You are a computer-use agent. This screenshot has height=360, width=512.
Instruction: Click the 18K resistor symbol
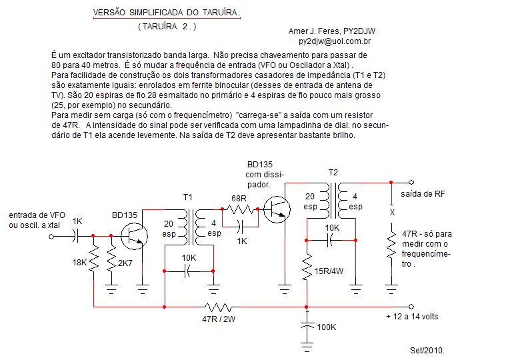(94, 259)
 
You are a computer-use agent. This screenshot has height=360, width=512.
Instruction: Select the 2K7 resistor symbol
(111, 259)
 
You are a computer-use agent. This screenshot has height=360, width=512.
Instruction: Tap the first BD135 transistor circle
(134, 237)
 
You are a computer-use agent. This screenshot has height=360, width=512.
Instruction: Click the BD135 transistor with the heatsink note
(277, 209)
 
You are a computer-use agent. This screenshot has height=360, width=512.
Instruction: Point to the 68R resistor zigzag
(240, 209)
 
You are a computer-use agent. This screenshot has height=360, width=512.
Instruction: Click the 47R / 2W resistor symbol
(218, 307)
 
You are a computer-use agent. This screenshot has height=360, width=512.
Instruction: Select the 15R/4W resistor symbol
(307, 268)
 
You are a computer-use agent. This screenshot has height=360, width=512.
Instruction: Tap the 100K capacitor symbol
(307, 327)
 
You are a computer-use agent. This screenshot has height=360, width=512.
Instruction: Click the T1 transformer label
(188, 197)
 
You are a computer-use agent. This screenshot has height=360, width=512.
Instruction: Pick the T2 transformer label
(333, 173)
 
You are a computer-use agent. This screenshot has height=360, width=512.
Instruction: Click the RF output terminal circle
(411, 182)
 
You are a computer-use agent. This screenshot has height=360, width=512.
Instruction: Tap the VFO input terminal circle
(51, 237)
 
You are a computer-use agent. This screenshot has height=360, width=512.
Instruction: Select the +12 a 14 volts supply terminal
(411, 307)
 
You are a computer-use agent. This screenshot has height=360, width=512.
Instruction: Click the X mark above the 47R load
(392, 213)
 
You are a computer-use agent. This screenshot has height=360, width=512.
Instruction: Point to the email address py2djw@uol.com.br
(335, 41)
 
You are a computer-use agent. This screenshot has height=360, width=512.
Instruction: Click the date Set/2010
(427, 351)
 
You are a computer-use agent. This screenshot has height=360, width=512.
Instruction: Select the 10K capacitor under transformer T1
(187, 271)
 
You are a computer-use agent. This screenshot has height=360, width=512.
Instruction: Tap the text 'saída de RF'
(423, 194)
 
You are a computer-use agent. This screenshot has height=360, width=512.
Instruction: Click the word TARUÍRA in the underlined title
(220, 13)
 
